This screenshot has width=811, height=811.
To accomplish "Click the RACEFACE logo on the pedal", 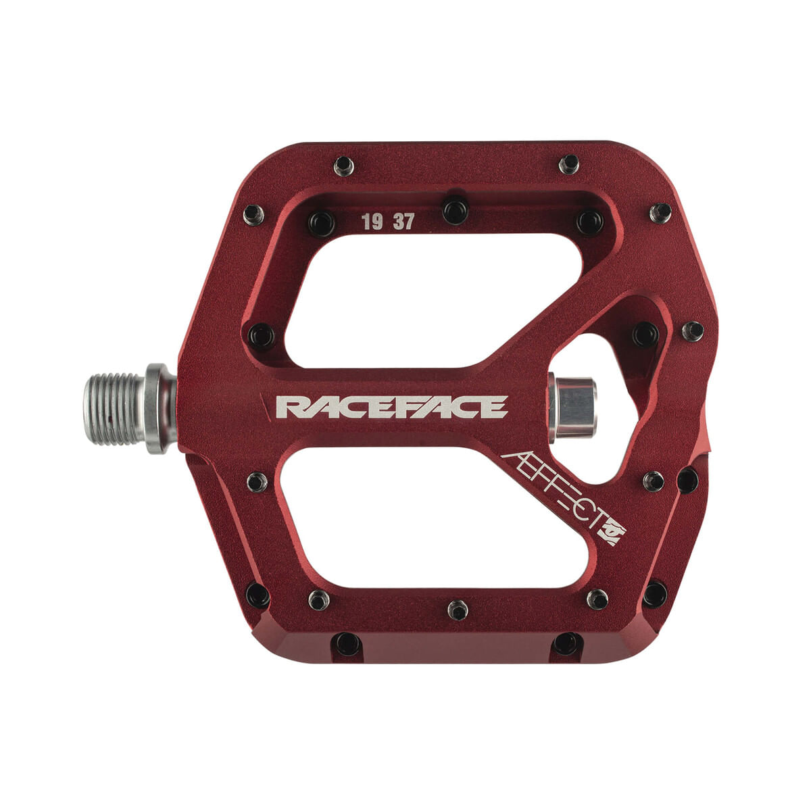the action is pos(391,407).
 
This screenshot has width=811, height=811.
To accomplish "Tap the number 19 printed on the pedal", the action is pos(372,222).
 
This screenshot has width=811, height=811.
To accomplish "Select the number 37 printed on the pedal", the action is pos(404,222).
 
